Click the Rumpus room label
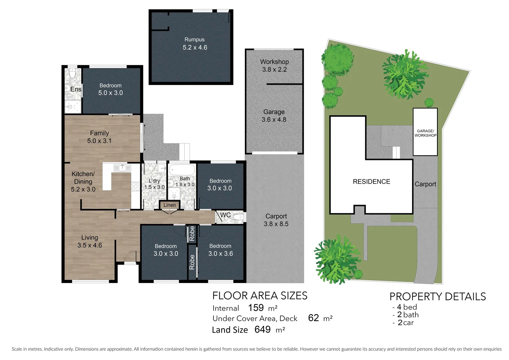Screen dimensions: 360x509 [x=195, y=40]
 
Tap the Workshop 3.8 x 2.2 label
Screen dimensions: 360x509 [x=274, y=66]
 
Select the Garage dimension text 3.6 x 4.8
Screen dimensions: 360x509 [x=274, y=120]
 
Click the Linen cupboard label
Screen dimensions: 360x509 [x=170, y=205]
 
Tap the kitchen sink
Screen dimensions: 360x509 [x=122, y=168]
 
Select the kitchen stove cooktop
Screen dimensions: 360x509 [x=135, y=186]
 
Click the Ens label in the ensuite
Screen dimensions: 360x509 [x=76, y=89]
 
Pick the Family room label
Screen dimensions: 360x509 [x=99, y=133]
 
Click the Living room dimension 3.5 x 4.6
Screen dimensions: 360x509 [x=90, y=245]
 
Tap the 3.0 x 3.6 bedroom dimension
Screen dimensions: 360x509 [x=221, y=254]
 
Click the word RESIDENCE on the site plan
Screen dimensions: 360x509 [x=371, y=182]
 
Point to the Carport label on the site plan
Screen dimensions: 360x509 [x=425, y=184]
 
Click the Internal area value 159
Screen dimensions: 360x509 [x=256, y=307]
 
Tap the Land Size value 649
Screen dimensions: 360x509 [x=262, y=329]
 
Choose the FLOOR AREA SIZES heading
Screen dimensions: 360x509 [x=260, y=296]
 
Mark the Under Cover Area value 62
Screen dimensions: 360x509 [x=313, y=318]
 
